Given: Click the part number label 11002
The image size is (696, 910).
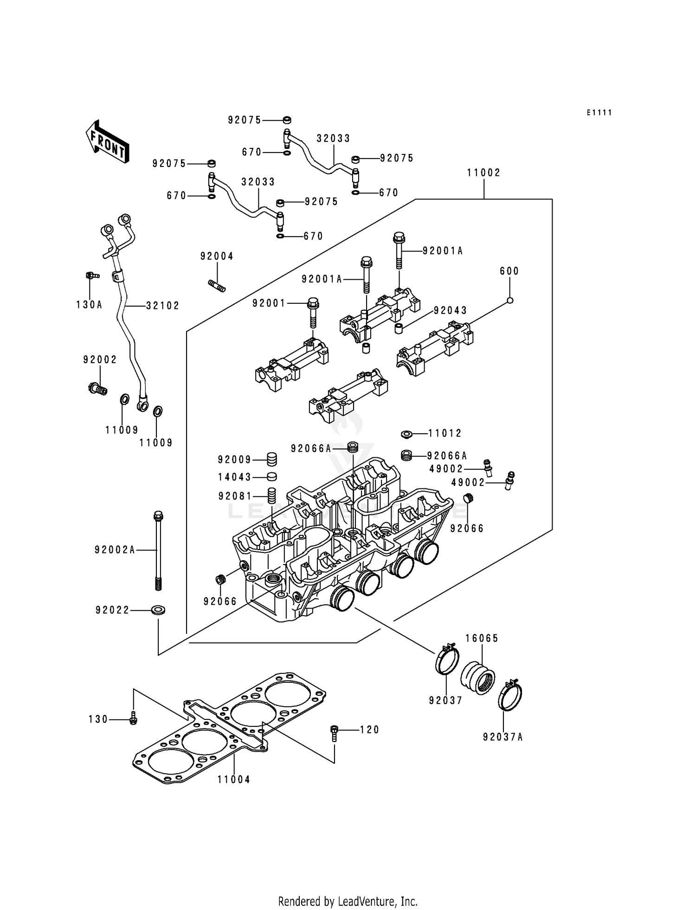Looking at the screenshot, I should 483,173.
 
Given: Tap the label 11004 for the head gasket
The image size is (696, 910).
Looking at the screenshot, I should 234,780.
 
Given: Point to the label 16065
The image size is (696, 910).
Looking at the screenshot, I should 482,639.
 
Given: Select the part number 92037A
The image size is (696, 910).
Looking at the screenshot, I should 503,737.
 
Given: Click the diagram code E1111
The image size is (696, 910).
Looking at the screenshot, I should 599,113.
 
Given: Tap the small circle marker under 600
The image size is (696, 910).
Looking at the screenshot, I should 509,300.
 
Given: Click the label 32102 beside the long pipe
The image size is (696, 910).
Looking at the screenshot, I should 162,306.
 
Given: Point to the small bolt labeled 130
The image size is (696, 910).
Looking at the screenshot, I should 134,718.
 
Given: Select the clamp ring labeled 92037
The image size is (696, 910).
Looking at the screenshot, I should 447,660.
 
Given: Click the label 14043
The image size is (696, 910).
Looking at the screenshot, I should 234,477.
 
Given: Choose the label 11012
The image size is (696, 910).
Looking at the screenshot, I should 445,433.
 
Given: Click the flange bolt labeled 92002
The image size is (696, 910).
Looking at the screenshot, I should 97,387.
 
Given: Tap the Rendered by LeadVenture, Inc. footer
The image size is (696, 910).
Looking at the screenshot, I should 348,901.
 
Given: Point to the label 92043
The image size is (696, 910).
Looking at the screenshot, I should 450,310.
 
